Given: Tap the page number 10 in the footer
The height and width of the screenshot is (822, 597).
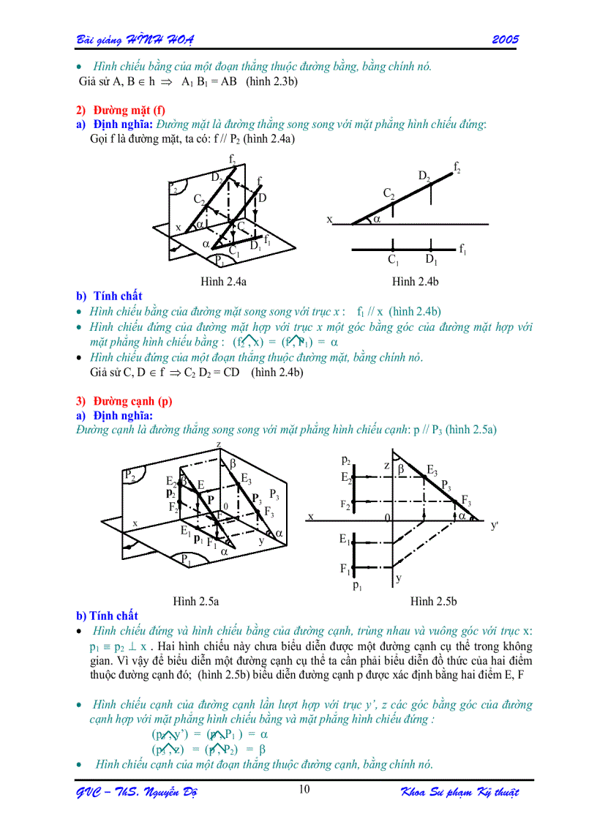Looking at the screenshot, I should click(304, 789).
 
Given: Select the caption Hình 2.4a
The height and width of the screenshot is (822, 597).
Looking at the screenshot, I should click(224, 281).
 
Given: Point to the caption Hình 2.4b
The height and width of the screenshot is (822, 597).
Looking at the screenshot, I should click(415, 281).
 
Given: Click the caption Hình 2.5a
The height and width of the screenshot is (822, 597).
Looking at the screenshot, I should click(196, 601).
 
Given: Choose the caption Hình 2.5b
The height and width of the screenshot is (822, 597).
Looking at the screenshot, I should click(433, 601).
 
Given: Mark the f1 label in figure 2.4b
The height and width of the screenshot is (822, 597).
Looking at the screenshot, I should click(462, 250).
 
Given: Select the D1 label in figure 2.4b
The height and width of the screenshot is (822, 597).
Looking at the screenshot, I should click(431, 261).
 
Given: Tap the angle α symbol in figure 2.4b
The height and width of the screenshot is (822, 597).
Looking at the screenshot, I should click(378, 218).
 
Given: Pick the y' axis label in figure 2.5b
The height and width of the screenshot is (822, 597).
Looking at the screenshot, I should click(495, 526).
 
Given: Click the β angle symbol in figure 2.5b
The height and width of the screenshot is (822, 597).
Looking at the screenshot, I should click(401, 468).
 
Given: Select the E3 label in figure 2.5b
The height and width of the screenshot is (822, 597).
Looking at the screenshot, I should click(432, 469).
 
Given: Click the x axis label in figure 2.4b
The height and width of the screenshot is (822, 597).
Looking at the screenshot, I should click(329, 219).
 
